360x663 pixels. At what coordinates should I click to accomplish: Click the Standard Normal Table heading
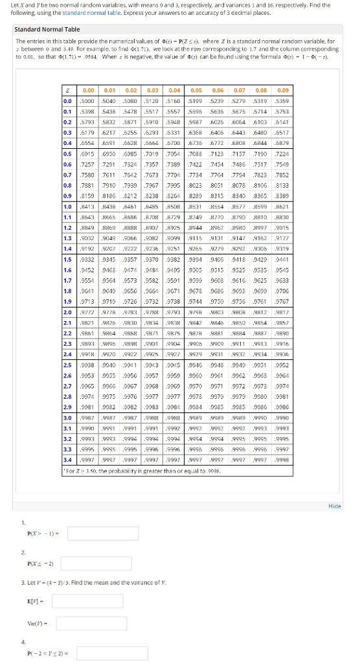coord(47,29)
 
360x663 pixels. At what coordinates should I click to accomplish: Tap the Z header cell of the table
coord(67,91)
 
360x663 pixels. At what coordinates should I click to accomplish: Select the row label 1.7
coord(67,280)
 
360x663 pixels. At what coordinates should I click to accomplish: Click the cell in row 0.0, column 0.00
coord(88,102)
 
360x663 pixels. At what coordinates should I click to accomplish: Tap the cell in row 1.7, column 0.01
coord(109,280)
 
